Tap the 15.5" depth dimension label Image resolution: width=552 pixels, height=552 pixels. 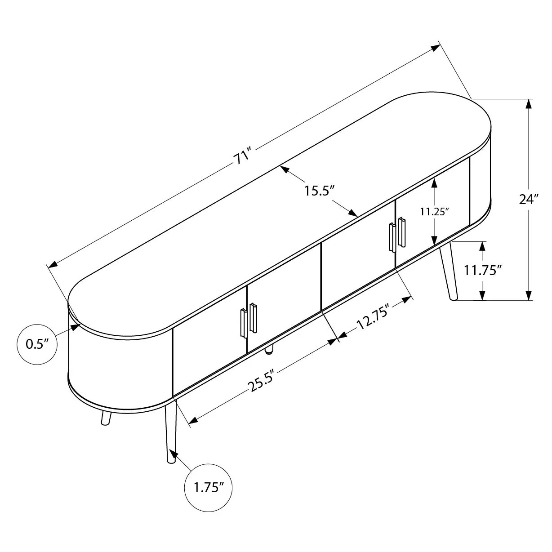320,191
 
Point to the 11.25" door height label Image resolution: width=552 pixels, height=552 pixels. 434,212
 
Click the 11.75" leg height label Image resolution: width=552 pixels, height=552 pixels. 483,270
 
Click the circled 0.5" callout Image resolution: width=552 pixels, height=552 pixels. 37,344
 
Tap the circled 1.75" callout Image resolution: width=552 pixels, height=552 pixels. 208,488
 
